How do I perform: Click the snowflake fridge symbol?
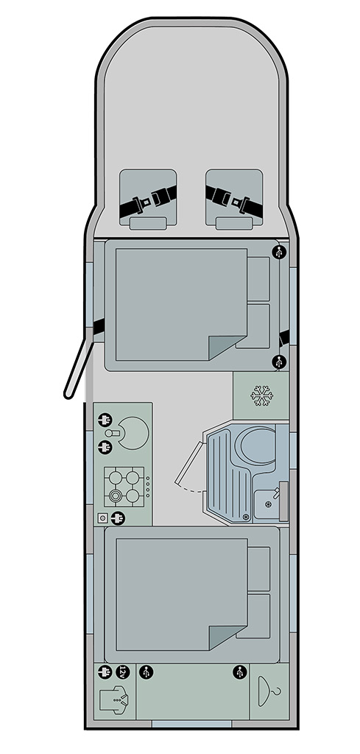(x=261, y=395)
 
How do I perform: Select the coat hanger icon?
(x=269, y=691)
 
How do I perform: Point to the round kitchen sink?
(x=133, y=433)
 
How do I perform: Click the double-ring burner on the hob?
(x=116, y=496)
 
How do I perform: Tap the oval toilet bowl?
(x=258, y=445)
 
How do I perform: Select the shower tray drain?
(x=246, y=517)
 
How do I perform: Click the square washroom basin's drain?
(x=268, y=504)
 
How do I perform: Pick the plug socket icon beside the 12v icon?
(x=105, y=672)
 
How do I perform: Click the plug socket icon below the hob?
(x=117, y=518)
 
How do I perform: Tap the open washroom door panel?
(x=189, y=462)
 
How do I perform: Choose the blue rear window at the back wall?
(x=191, y=723)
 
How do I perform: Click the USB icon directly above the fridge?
(x=278, y=362)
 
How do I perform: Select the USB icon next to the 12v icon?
(x=146, y=672)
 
